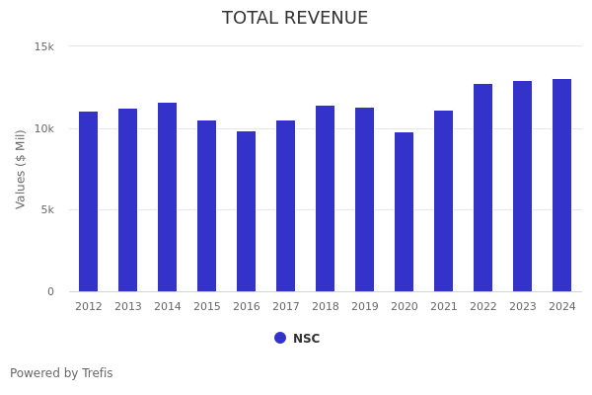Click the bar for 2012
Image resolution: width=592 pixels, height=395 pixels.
tap(89, 201)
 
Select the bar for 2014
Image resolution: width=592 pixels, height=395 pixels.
tap(168, 197)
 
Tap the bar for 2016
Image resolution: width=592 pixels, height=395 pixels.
tap(247, 211)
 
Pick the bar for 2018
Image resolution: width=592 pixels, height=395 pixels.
tap(326, 198)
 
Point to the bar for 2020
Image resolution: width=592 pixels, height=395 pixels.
tap(405, 212)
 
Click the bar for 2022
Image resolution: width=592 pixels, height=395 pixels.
tap(483, 188)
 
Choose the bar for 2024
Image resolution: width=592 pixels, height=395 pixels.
tap(562, 186)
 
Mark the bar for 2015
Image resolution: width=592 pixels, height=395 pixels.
tap(207, 206)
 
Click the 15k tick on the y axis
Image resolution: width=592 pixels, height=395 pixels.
tap(44, 46)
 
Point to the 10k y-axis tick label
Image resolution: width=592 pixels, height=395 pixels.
tap(44, 128)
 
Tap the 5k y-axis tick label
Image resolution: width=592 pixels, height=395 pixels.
tap(46, 209)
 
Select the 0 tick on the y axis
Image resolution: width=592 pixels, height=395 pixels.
tap(51, 291)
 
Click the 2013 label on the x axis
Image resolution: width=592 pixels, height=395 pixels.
tap(128, 307)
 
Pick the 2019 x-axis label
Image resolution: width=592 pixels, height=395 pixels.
tap(365, 307)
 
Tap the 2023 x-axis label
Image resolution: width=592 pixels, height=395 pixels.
tap(523, 307)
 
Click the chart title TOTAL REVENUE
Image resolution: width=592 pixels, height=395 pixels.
tap(295, 19)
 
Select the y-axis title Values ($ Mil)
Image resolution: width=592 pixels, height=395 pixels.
tap(22, 169)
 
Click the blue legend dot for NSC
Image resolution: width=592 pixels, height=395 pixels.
tap(280, 338)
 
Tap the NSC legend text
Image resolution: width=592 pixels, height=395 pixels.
tap(307, 339)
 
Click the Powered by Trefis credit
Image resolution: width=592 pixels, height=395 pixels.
tap(61, 373)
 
